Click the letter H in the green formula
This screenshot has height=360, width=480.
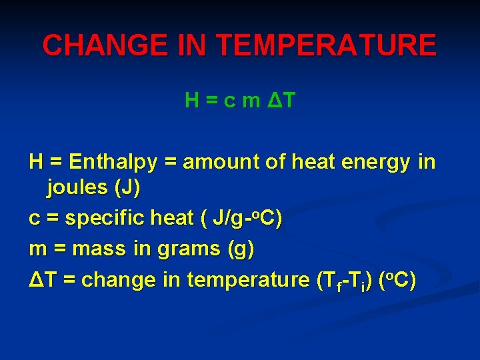click(191, 101)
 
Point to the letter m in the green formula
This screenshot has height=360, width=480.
click(251, 101)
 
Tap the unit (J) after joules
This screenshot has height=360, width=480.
click(127, 188)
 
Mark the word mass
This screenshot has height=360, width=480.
click(99, 249)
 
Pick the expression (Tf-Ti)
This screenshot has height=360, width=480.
click(343, 280)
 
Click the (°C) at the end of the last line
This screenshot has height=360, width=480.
click(397, 279)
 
